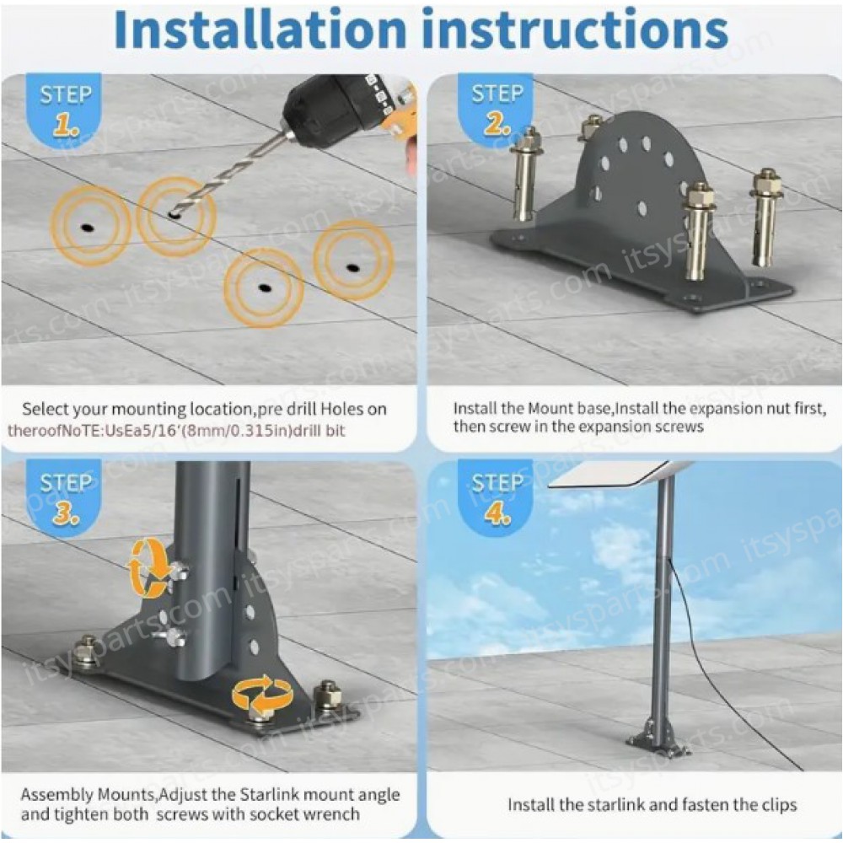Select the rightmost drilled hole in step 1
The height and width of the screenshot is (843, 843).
pyautogui.click(x=353, y=268)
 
